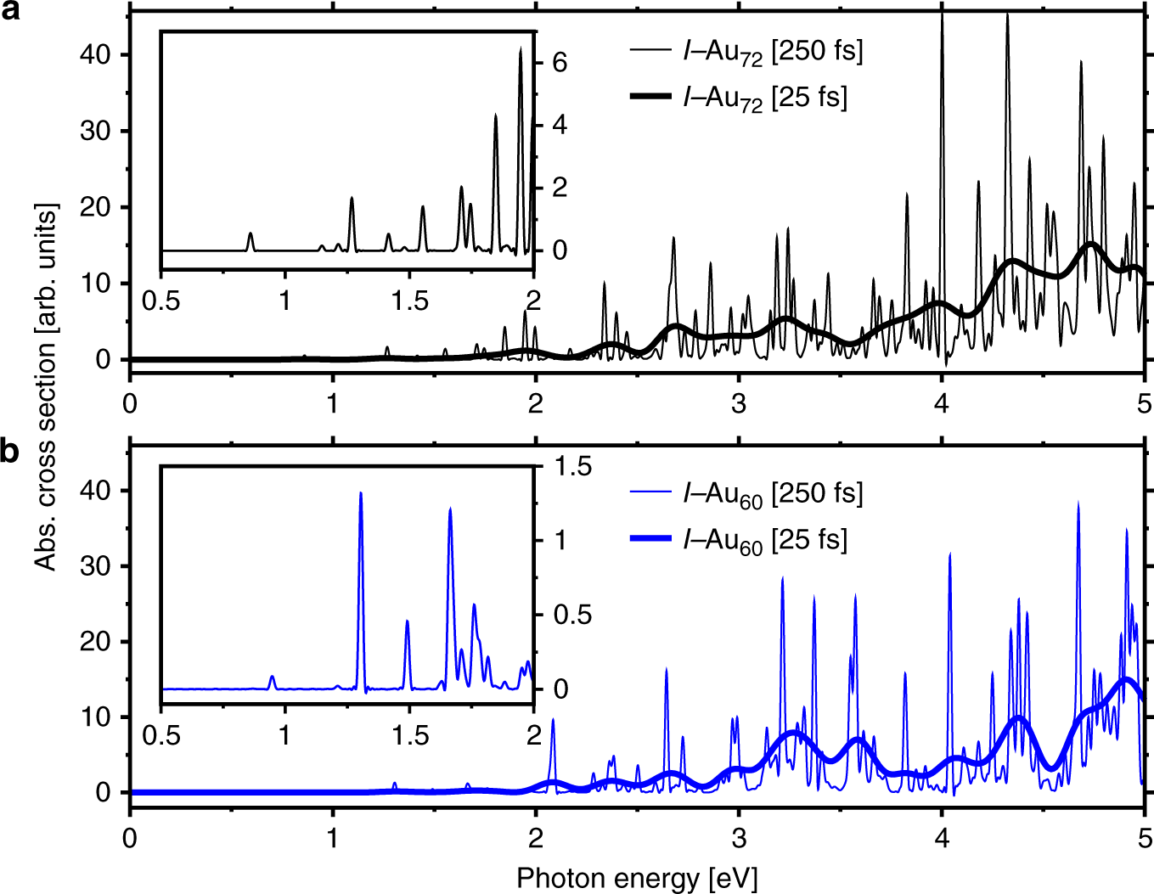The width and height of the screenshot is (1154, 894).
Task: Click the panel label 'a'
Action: coord(9,13)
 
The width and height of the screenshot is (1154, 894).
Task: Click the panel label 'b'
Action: coord(9,451)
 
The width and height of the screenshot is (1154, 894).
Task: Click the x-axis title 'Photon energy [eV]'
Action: coord(636,878)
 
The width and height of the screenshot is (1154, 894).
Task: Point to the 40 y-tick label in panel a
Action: coord(95,54)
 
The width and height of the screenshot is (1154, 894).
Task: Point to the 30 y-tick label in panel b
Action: coord(95,566)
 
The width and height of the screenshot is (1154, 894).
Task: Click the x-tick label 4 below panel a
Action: coord(941,403)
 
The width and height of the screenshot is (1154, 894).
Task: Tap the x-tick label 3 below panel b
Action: coord(738,838)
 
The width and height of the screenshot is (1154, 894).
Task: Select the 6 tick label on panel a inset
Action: coord(559,63)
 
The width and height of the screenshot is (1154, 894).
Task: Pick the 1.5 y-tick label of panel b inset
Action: coord(572,466)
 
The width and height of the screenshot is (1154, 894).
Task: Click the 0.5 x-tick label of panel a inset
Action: coord(160,301)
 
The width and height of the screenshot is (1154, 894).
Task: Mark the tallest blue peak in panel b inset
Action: coord(361,494)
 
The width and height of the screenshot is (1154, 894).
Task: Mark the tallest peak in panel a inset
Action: coord(521,49)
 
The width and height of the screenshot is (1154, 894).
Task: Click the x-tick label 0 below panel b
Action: coord(129,838)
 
